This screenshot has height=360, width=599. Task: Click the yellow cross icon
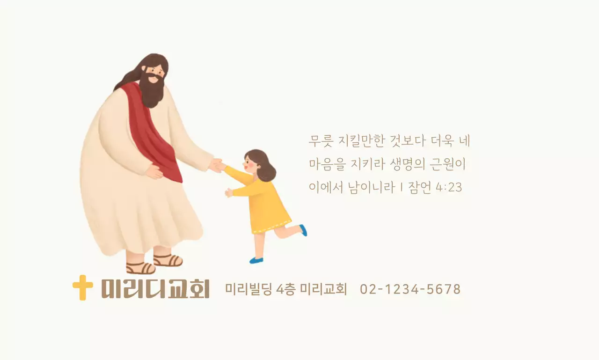pyautogui.click(x=82, y=287)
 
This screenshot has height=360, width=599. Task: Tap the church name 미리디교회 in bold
pyautogui.click(x=155, y=288)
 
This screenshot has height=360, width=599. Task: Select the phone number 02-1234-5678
pyautogui.click(x=410, y=289)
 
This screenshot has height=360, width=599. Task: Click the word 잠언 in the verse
pyautogui.click(x=420, y=187)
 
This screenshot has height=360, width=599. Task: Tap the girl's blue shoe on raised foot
pyautogui.click(x=303, y=230)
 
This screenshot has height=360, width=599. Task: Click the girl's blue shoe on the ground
pyautogui.click(x=256, y=260)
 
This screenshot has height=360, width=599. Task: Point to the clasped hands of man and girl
pyautogui.click(x=217, y=165)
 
